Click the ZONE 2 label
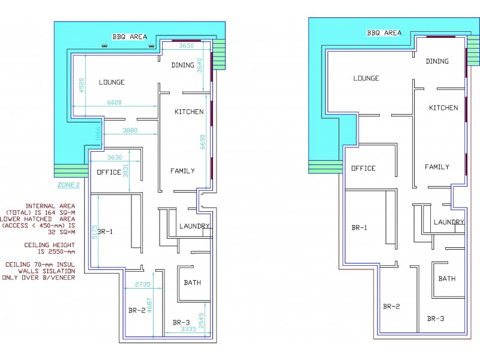[68, 185]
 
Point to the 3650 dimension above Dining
[188, 46]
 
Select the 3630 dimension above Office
[114, 158]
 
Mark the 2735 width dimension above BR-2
[142, 284]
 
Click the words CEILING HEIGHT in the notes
[49, 245]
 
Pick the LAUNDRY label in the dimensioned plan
[194, 226]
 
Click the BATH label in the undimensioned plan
[446, 278]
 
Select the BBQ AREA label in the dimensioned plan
[130, 37]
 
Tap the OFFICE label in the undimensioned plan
[363, 168]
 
